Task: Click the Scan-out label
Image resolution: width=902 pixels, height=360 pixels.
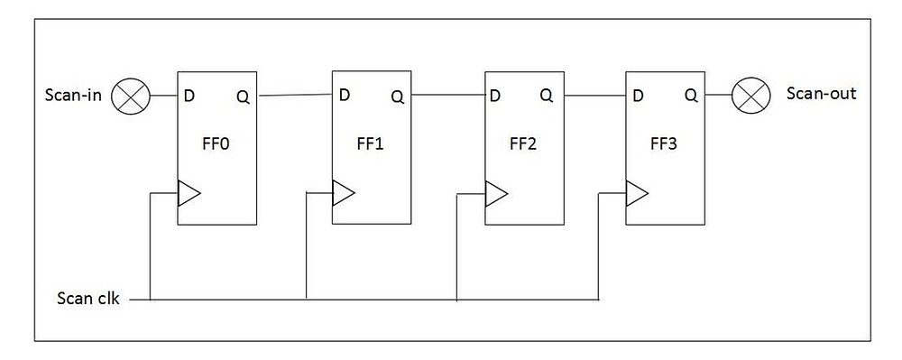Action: click(822, 94)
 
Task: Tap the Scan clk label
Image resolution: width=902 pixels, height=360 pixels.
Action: click(87, 297)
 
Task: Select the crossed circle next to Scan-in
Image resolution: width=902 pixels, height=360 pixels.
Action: click(129, 96)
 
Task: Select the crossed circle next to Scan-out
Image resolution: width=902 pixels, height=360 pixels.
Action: click(749, 94)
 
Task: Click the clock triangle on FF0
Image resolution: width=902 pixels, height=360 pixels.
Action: click(188, 192)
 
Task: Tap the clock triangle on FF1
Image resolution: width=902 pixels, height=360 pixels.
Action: click(343, 192)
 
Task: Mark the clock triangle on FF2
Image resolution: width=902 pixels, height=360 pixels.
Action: click(495, 192)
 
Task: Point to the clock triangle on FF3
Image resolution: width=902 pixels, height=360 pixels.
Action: click(636, 191)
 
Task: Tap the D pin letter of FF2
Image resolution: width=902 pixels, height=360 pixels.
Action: click(496, 95)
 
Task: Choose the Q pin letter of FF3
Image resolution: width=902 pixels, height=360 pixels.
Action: click(690, 95)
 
